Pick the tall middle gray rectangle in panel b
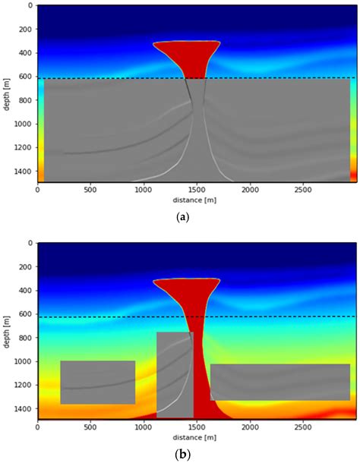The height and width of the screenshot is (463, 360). point(175,374)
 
